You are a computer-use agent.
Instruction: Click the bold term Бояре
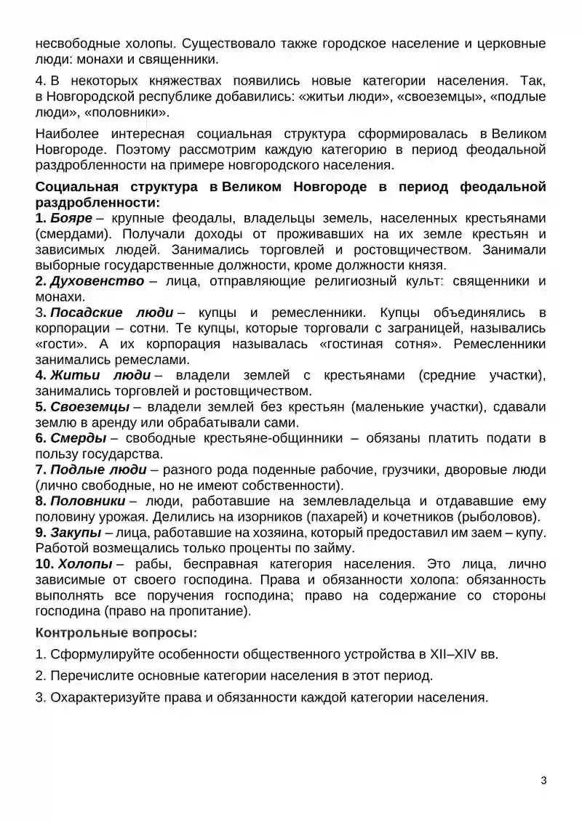coord(71,219)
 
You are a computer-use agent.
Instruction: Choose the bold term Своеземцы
coord(90,407)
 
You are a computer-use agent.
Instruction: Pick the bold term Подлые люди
coord(98,470)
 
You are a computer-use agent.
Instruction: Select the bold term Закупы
coord(76,532)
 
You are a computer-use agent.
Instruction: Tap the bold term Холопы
coord(85,563)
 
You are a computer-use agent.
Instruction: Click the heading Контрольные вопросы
coord(116,633)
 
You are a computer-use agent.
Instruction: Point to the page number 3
coord(543,781)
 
